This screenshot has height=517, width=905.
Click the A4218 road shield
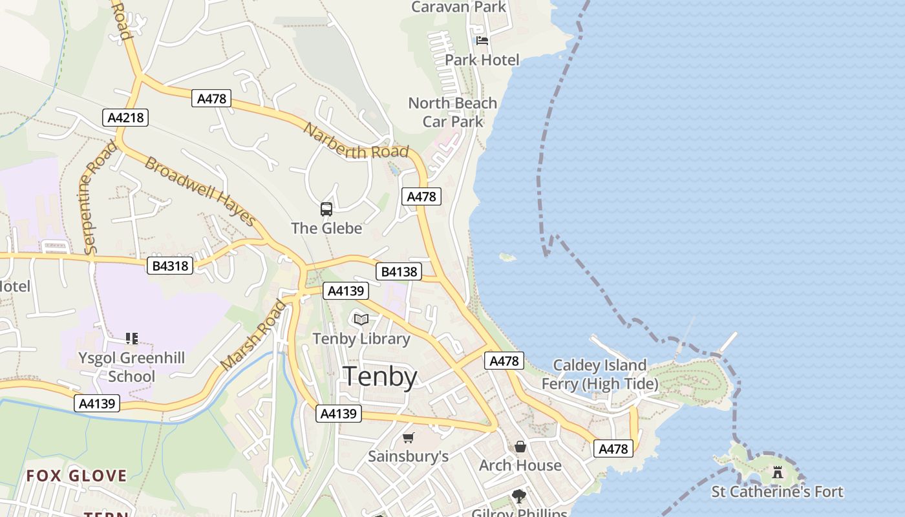tap(125, 118)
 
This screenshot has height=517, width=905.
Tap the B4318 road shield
tap(170, 266)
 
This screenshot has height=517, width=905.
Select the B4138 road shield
tap(399, 271)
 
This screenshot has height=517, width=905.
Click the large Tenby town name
tap(379, 376)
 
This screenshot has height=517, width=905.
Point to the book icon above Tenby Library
tap(361, 319)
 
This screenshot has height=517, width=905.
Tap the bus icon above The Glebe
tap(326, 209)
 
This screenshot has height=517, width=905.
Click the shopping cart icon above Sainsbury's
tap(408, 438)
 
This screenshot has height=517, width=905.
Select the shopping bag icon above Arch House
tap(520, 447)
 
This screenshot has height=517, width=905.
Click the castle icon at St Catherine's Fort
tap(778, 472)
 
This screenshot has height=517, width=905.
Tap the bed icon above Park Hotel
tap(482, 41)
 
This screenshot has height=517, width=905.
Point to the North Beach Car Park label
tap(452, 112)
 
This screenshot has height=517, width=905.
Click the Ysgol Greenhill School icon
tap(132, 338)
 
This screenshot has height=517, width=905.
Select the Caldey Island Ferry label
tap(599, 375)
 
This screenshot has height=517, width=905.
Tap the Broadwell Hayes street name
tap(200, 191)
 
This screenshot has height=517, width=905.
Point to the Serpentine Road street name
tap(99, 197)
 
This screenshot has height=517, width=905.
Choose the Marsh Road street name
tap(253, 335)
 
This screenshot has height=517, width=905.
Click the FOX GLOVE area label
tap(76, 476)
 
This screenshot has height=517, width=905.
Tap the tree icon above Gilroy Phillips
tap(518, 496)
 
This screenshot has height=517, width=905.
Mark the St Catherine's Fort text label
tap(777, 492)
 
